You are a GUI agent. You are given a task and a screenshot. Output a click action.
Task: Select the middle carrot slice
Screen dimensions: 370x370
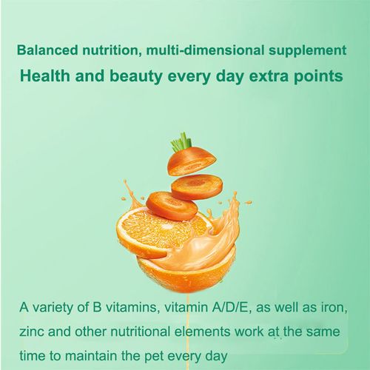tap(196, 186)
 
